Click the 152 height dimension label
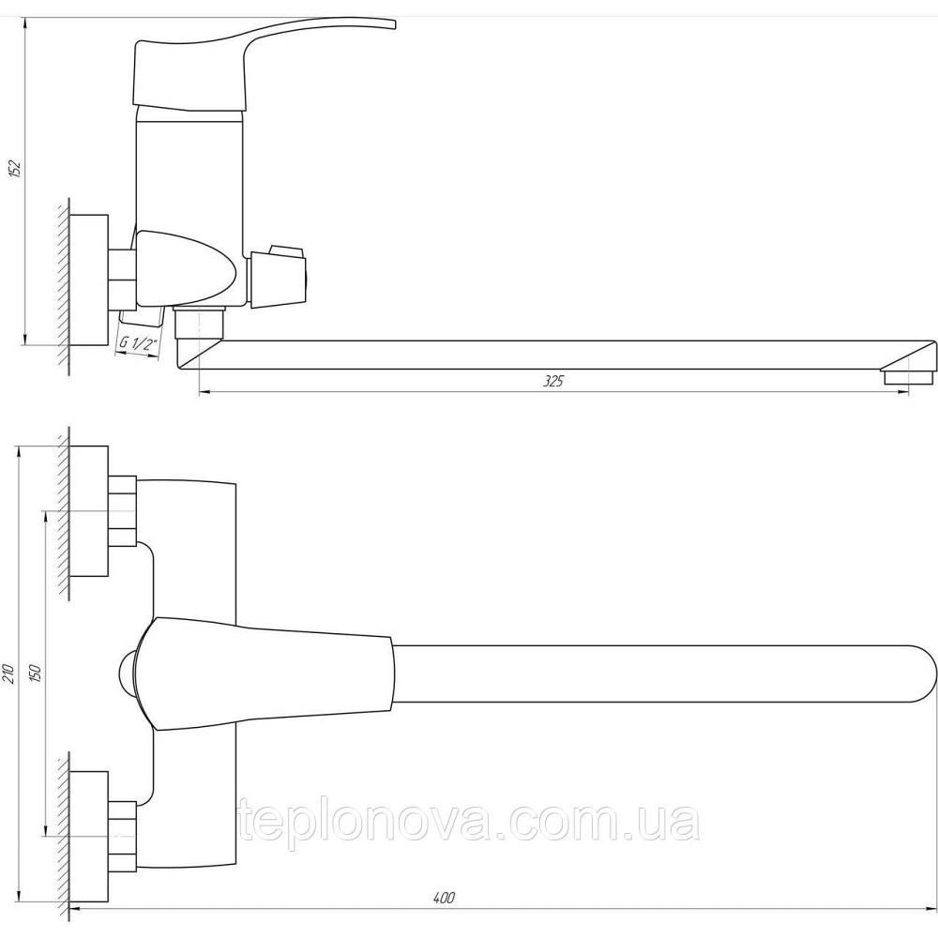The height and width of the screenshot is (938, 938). pyautogui.click(x=14, y=170)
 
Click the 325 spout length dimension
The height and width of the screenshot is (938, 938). pyautogui.click(x=554, y=381)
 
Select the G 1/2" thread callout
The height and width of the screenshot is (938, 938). pyautogui.click(x=137, y=344)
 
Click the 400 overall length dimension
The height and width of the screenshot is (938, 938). pyautogui.click(x=445, y=899)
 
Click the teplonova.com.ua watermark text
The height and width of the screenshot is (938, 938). pyautogui.click(x=469, y=824)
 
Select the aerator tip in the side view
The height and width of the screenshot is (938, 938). pyautogui.click(x=897, y=378)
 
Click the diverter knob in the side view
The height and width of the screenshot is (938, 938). pyautogui.click(x=280, y=275)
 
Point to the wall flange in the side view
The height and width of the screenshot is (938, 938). pyautogui.click(x=91, y=281)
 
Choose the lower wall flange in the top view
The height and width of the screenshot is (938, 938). pyautogui.click(x=91, y=807)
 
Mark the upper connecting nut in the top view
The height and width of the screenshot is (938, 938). pyautogui.click(x=123, y=511)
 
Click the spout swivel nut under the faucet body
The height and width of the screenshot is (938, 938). pyautogui.click(x=200, y=323)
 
